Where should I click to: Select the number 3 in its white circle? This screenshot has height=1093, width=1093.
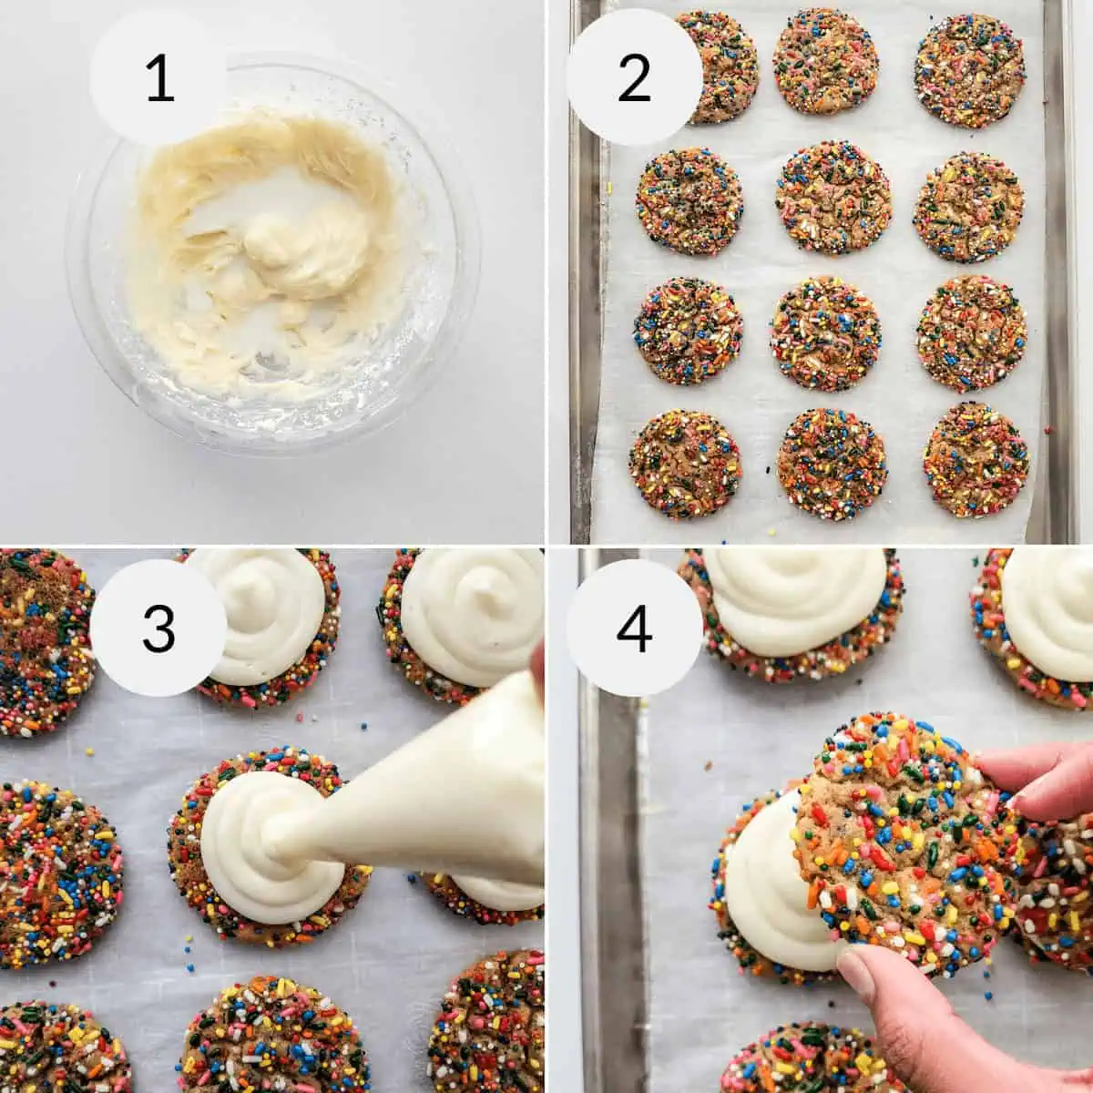pyautogui.click(x=159, y=628)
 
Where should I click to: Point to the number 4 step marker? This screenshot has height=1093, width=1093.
pyautogui.click(x=634, y=628)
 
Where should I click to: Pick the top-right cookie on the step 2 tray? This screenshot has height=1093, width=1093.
pyautogui.click(x=969, y=70)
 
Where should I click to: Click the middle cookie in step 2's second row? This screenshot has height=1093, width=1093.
pyautogui.click(x=833, y=197)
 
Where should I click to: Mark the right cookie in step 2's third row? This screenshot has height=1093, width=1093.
pyautogui.click(x=971, y=333)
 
